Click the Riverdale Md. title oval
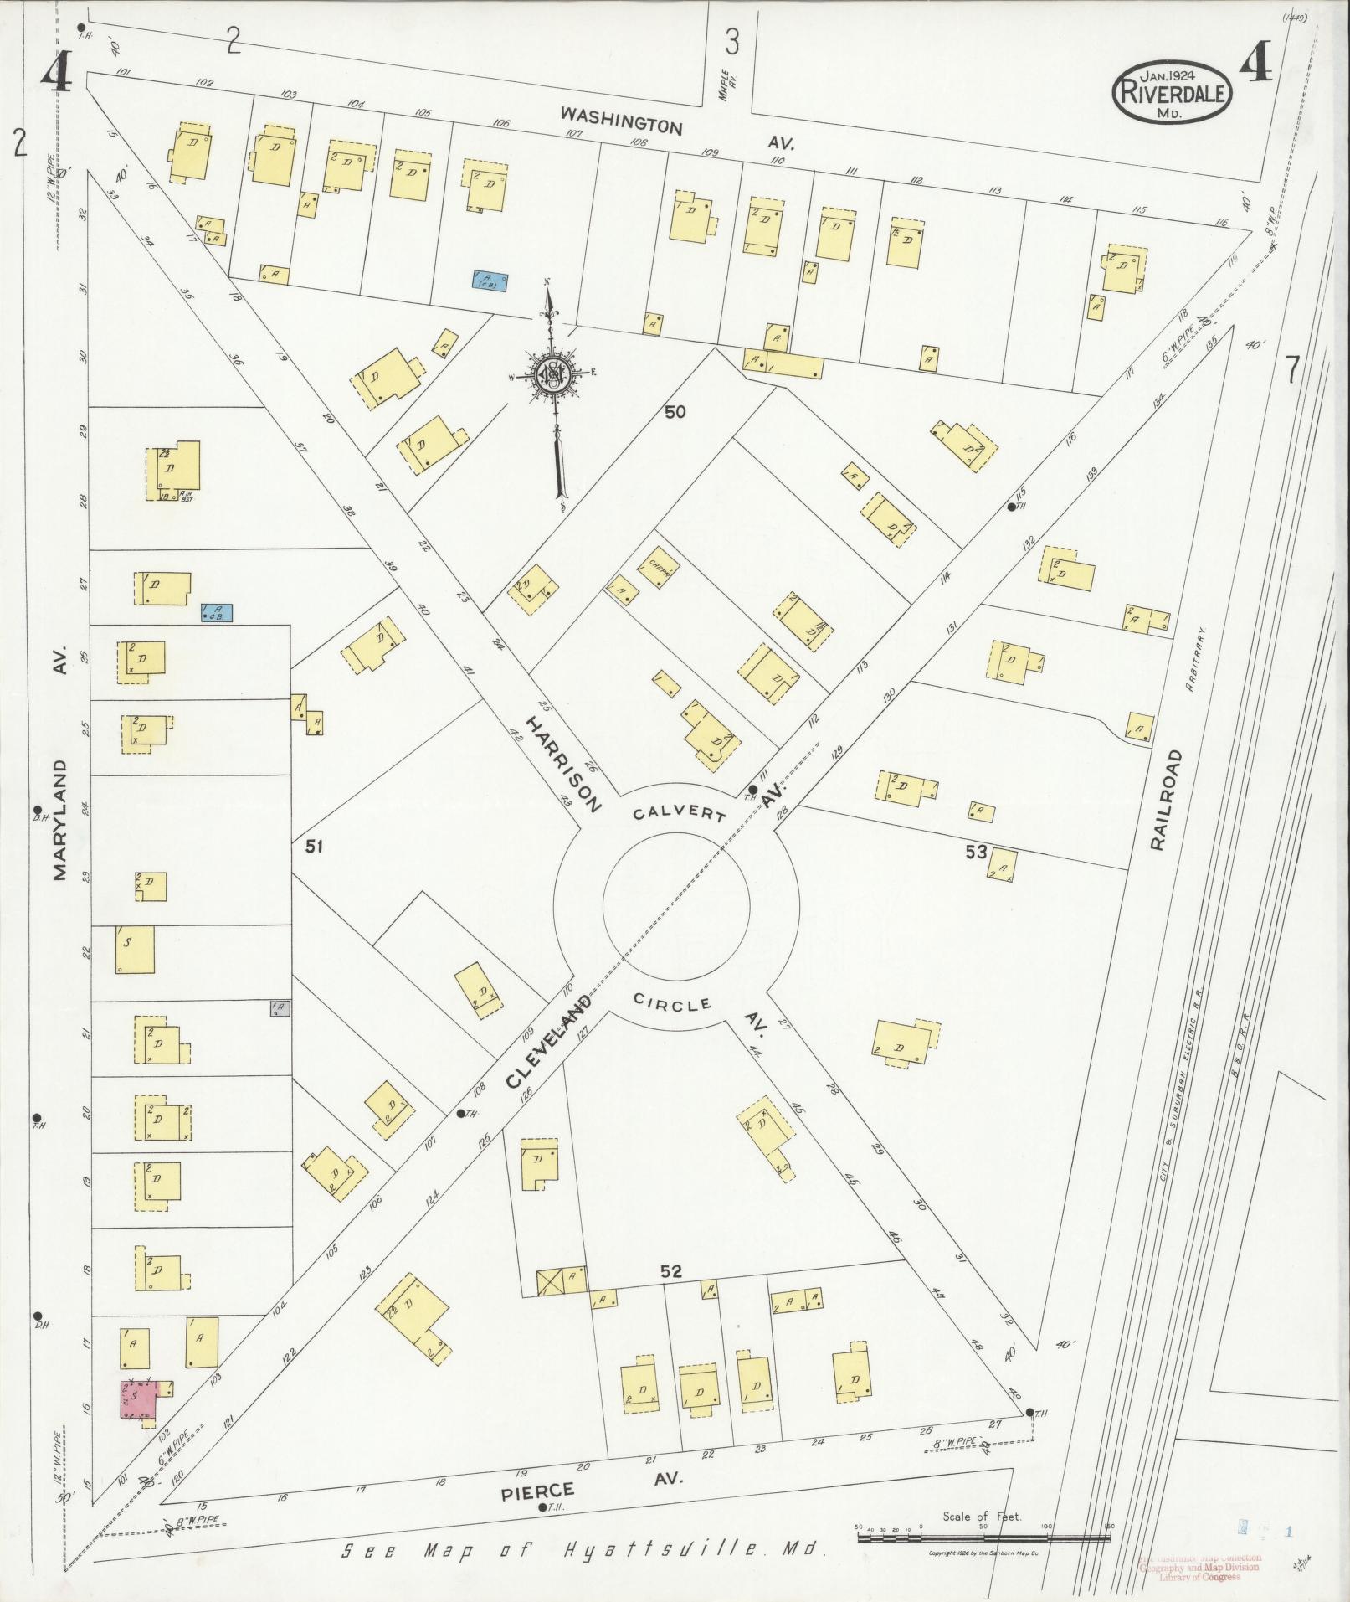pyautogui.click(x=1172, y=92)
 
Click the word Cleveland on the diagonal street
pyautogui.click(x=549, y=1040)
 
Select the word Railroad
pyautogui.click(x=1168, y=800)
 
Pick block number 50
pyautogui.click(x=675, y=412)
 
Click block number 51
pyautogui.click(x=314, y=847)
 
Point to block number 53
pyautogui.click(x=976, y=853)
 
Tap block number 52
pyautogui.click(x=670, y=1295)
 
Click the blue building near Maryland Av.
pyautogui.click(x=217, y=613)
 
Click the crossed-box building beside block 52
pyautogui.click(x=550, y=1305)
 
